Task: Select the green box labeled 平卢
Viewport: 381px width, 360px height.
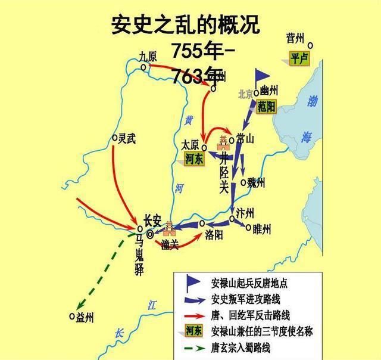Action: pyautogui.click(x=296, y=58)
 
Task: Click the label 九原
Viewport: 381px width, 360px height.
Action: pyautogui.click(x=147, y=55)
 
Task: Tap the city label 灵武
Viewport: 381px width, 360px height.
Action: pyautogui.click(x=126, y=138)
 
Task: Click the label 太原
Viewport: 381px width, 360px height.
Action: pyautogui.click(x=191, y=144)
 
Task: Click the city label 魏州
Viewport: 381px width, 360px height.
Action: pyautogui.click(x=255, y=183)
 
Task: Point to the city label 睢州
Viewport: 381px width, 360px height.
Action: pyautogui.click(x=261, y=229)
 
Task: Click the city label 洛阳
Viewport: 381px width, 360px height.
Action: pyautogui.click(x=214, y=235)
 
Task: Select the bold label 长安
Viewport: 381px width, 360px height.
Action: pyautogui.click(x=152, y=219)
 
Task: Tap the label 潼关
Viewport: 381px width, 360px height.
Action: pyautogui.click(x=169, y=244)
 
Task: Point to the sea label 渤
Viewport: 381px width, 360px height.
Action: pyautogui.click(x=313, y=102)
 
